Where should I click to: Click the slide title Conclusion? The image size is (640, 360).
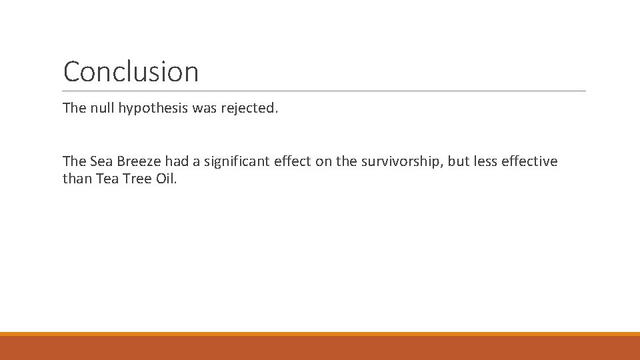pyautogui.click(x=131, y=72)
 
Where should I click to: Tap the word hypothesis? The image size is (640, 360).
pyautogui.click(x=153, y=108)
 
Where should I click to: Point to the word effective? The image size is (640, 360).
pyautogui.click(x=531, y=161)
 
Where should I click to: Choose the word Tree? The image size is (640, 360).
pyautogui.click(x=136, y=179)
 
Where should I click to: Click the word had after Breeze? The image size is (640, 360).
pyautogui.click(x=177, y=161)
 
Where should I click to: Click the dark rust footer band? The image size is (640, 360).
pyautogui.click(x=320, y=348)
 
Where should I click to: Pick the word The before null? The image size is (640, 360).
pyautogui.click(x=75, y=107)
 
